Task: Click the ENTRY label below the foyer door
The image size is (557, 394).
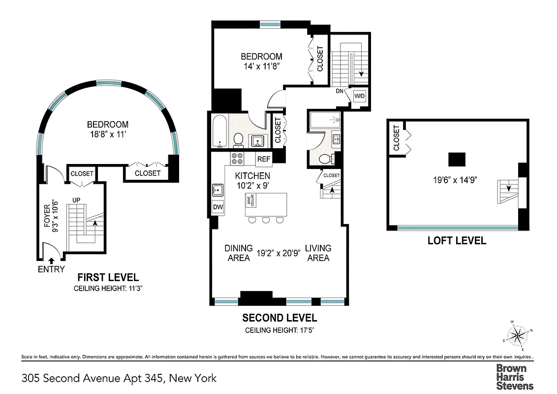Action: click(51, 269)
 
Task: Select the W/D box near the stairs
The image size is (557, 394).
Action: click(359, 95)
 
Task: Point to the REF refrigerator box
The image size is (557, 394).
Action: click(264, 159)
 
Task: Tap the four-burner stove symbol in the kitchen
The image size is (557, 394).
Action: click(237, 159)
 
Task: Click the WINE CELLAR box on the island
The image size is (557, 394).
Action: click(249, 199)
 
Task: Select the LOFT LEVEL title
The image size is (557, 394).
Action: click(457, 241)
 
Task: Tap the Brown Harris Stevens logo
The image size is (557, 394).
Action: click(514, 377)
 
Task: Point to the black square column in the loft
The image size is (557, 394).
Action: click(457, 160)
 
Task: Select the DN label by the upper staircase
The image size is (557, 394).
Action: click(340, 92)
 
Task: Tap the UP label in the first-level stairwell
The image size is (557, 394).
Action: click(76, 200)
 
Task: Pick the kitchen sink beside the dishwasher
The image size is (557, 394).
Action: click(217, 190)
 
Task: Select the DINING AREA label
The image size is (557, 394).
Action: click(239, 253)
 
